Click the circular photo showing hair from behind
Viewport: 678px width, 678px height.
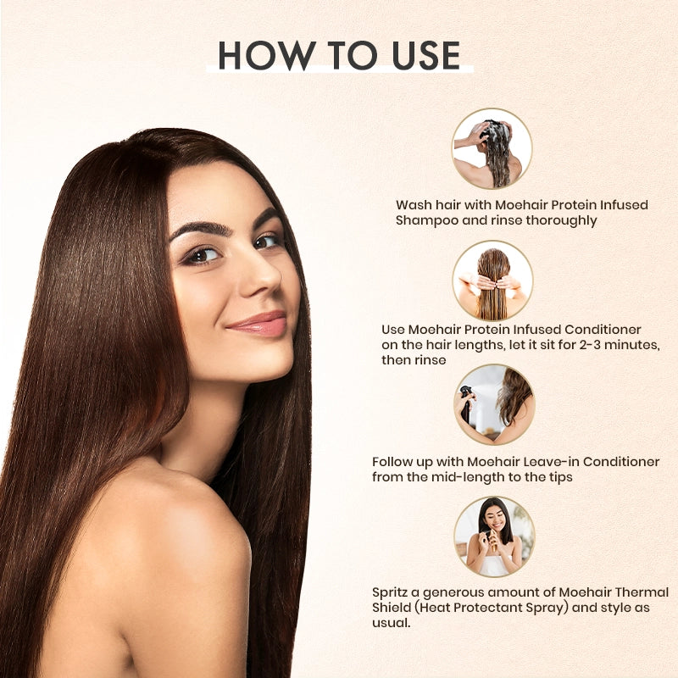click(x=492, y=281)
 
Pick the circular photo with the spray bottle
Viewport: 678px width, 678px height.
click(x=492, y=404)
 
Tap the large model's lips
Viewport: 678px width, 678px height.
click(x=256, y=324)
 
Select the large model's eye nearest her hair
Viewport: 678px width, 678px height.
click(x=202, y=255)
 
